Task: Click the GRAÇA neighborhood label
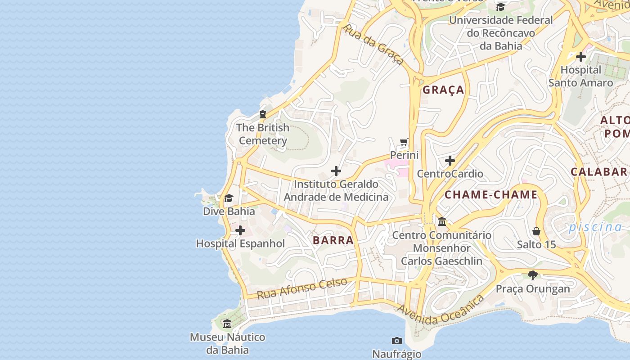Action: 443,90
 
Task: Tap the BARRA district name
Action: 333,240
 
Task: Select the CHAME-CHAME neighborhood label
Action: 491,195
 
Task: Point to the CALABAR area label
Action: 598,171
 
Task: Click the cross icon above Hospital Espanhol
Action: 240,231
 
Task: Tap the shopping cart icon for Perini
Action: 404,142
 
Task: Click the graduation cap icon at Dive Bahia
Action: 229,198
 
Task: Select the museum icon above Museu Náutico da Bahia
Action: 227,324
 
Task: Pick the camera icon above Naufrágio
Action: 396,341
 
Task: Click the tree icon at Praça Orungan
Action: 533,275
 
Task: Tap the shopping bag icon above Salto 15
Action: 536,231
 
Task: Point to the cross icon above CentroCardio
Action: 450,161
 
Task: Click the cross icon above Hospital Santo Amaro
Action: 580,57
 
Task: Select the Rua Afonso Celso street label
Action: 302,288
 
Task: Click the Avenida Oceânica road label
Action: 441,310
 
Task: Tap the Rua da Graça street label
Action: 373,44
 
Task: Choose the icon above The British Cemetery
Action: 263,115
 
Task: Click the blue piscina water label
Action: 595,227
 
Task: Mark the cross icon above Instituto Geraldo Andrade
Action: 336,171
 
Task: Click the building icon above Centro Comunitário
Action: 441,222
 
